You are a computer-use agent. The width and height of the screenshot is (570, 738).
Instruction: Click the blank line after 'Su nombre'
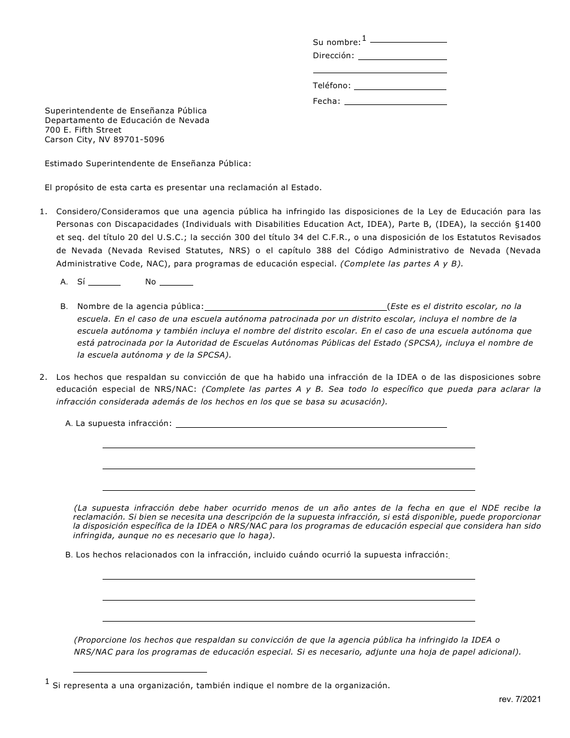409,41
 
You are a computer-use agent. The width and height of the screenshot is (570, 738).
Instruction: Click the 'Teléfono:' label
331,86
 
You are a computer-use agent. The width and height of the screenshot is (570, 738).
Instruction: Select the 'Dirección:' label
334,56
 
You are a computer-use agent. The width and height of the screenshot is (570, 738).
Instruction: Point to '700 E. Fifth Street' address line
83,130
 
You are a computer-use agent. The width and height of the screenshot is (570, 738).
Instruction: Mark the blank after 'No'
176,284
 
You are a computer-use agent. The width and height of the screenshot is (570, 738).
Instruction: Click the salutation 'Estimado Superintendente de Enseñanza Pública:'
148,163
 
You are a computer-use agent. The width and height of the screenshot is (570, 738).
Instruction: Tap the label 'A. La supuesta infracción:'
118,424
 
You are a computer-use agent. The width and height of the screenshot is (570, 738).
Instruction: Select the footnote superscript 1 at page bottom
47,682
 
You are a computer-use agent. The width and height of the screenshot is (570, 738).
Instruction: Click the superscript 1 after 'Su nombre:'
364,38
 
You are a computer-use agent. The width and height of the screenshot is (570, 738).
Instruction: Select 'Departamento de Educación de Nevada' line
127,121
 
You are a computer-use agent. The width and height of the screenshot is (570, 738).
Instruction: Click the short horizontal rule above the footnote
140,672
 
